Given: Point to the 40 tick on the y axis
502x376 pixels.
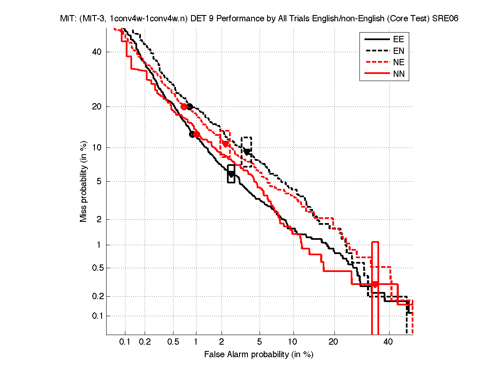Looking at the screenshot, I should click(x=96, y=52).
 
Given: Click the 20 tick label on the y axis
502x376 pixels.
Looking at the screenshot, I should click(x=96, y=107).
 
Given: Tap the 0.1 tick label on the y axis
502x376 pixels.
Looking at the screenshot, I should click(x=94, y=316).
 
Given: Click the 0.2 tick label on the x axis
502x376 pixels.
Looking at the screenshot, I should click(x=145, y=342).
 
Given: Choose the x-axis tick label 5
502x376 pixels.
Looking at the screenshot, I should click(x=260, y=342).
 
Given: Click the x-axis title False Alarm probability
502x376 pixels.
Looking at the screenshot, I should click(x=258, y=355).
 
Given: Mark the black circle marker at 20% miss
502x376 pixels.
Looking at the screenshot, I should click(x=190, y=107).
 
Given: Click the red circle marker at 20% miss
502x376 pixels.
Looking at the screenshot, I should click(x=184, y=107).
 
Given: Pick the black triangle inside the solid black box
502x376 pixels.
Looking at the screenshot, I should click(x=231, y=174).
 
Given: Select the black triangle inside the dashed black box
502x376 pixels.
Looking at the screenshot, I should click(x=247, y=152).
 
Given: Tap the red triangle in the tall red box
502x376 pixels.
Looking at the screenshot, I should click(x=375, y=285).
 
